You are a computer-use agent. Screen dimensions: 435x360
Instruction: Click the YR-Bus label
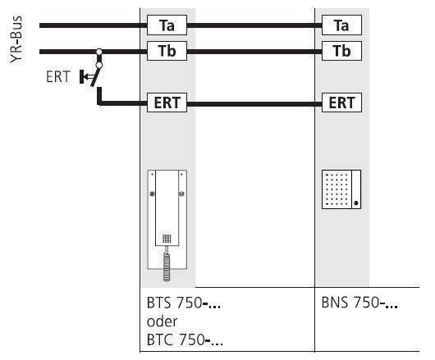[16, 39]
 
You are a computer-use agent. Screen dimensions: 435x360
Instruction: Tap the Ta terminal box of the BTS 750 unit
[167, 25]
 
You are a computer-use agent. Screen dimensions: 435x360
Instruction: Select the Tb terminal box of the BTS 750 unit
[167, 51]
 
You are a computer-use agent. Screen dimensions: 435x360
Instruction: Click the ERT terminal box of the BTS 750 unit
[167, 103]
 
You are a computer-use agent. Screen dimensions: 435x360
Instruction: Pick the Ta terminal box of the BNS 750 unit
[341, 25]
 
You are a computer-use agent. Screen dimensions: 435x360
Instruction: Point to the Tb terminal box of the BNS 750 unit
[341, 51]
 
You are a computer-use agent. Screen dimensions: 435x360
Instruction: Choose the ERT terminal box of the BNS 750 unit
[341, 103]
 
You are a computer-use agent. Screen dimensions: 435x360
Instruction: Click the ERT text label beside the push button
[58, 77]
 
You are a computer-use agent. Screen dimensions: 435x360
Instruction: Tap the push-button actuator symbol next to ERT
[86, 77]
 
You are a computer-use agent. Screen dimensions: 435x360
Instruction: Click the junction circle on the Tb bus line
[99, 52]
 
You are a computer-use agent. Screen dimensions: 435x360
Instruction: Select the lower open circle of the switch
[99, 66]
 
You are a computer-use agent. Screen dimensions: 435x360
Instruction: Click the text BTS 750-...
[183, 303]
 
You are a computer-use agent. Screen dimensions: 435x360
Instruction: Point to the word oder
[162, 321]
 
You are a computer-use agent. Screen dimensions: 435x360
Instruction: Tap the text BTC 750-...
[185, 339]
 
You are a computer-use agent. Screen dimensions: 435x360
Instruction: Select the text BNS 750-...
[359, 303]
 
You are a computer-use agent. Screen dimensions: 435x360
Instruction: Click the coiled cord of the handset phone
[167, 264]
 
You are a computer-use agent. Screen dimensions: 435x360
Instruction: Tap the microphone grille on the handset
[167, 239]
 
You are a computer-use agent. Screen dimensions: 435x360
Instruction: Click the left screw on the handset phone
[152, 194]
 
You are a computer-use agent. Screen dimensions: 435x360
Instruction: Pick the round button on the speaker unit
[356, 203]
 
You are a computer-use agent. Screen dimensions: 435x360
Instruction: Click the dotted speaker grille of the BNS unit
[337, 189]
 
